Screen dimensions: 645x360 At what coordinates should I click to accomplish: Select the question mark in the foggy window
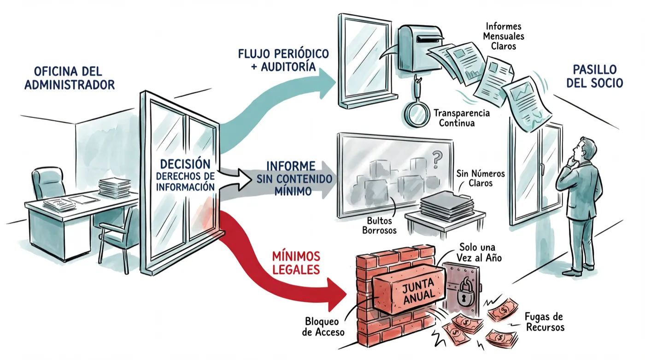[x=437, y=160]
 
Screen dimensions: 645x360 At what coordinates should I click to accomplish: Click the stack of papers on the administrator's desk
[x=114, y=188]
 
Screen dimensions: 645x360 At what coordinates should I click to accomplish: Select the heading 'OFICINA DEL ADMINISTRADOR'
[x=70, y=78]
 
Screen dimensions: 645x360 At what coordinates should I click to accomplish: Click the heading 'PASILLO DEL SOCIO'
[x=595, y=77]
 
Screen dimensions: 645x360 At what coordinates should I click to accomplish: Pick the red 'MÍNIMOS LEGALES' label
[x=296, y=263]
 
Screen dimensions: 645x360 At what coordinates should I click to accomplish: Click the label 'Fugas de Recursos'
[x=545, y=322]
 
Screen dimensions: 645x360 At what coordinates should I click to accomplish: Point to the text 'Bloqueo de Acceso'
[x=323, y=327]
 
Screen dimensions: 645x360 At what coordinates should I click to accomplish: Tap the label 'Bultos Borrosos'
[x=379, y=225]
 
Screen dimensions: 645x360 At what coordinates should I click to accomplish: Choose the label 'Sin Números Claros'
[x=481, y=178]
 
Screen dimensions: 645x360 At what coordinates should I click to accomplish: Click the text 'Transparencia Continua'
[x=462, y=118]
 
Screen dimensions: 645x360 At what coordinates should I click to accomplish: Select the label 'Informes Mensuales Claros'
[x=504, y=36]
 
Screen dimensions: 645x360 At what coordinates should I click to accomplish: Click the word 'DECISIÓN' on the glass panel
[x=185, y=164]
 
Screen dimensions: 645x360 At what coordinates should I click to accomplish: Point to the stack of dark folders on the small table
[x=447, y=206]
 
